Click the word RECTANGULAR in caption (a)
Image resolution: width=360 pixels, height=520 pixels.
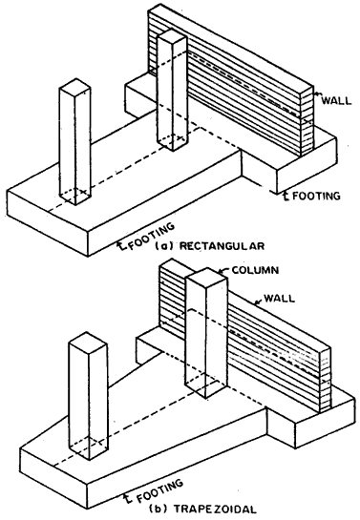coord(222,246)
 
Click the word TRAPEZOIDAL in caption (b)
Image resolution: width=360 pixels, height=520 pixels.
coord(215,509)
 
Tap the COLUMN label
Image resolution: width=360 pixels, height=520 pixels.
coord(255,270)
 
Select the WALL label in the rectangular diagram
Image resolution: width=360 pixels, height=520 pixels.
coord(336,100)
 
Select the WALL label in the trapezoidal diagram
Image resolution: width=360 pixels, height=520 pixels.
coord(279,298)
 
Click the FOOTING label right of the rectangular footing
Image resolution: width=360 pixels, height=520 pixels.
coord(316,196)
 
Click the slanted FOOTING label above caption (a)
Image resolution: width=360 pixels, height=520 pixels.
coord(151,236)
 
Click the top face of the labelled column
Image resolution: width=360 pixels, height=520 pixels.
coord(206,278)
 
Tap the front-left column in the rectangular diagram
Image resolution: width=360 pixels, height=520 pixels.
coord(74,142)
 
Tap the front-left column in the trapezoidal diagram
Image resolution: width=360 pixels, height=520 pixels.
coord(88,396)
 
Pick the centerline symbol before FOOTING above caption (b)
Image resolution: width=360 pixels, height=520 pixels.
coord(126,498)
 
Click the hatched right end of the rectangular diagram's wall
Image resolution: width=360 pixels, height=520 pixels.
coord(307,121)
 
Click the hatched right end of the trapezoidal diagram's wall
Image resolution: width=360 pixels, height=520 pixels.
coord(326,380)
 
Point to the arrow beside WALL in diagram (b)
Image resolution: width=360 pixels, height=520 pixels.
coord(259,302)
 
